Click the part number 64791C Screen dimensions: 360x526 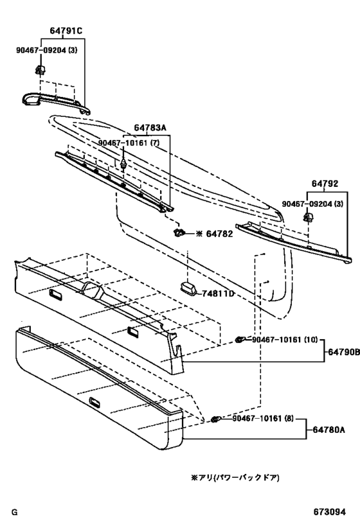tap(66, 31)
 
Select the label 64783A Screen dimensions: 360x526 tap(150, 128)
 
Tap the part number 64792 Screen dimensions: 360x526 tap(325, 184)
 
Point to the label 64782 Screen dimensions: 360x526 tap(219, 234)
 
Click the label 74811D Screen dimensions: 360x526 tap(218, 294)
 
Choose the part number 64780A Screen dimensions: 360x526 tap(328, 430)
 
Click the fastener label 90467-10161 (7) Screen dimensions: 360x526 tap(129, 143)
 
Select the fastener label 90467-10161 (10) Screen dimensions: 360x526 tap(285, 340)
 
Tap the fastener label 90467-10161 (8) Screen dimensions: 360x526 tap(263, 419)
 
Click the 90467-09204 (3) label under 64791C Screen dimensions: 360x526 tap(47, 50)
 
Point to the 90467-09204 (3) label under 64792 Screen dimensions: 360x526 tap(312, 204)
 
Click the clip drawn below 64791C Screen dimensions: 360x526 tap(40, 70)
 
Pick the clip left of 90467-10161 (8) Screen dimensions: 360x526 tap(216, 419)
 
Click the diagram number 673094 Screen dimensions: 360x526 tap(329, 513)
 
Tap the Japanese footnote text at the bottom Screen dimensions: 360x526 tap(235, 477)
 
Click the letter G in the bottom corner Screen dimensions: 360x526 tap(14, 513)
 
